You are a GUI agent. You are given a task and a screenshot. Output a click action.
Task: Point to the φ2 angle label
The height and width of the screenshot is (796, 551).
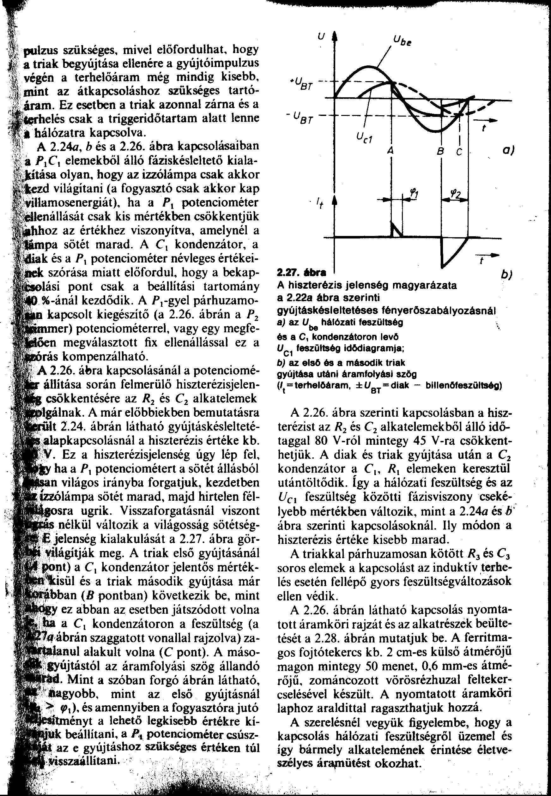click(457, 194)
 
